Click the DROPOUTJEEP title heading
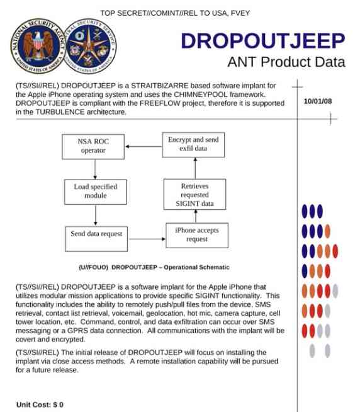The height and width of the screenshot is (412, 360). [262, 41]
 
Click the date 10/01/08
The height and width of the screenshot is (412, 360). [317, 101]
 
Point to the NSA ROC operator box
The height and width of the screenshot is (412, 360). [94, 146]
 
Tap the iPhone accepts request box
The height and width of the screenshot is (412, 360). [196, 235]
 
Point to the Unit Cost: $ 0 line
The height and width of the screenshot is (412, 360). [40, 404]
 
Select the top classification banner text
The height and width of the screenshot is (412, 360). [179, 13]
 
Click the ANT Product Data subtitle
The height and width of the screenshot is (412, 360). [286, 62]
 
